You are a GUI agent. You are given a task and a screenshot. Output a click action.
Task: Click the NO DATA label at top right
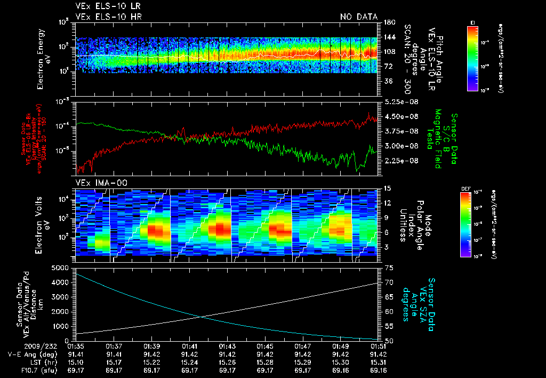pos(359,17)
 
